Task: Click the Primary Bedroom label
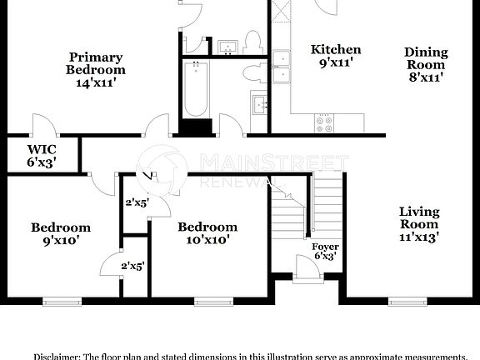pos(95,70)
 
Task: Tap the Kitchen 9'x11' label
pos(336,56)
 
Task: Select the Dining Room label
pos(426,64)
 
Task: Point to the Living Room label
pos(419,224)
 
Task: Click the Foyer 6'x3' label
pos(325,251)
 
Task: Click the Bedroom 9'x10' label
pos(61,233)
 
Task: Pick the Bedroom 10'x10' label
pos(207,232)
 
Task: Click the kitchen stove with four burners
pos(323,123)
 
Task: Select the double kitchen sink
pos(282,67)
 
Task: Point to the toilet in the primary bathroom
pos(253,42)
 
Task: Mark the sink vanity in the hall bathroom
pos(259,105)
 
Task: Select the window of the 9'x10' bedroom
pos(62,302)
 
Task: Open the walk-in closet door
pos(43,127)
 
